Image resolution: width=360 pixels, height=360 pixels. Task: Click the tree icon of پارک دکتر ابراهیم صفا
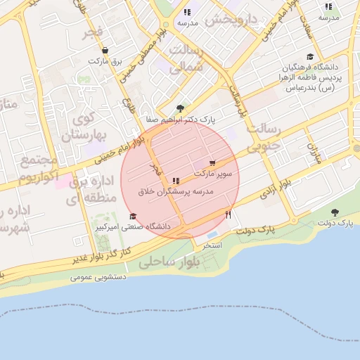click(181, 108)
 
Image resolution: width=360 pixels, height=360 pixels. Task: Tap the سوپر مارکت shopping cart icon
click(212, 162)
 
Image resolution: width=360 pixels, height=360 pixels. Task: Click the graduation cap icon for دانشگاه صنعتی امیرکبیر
click(133, 217)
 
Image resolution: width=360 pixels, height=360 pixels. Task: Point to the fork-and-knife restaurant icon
click(228, 214)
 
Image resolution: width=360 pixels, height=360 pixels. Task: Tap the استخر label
click(212, 245)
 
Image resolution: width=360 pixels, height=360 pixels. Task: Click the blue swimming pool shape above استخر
click(213, 234)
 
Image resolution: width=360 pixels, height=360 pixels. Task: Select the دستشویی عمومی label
click(98, 277)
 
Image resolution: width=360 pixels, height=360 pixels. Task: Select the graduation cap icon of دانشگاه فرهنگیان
click(309, 57)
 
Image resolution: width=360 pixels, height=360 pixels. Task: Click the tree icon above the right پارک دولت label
click(334, 212)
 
